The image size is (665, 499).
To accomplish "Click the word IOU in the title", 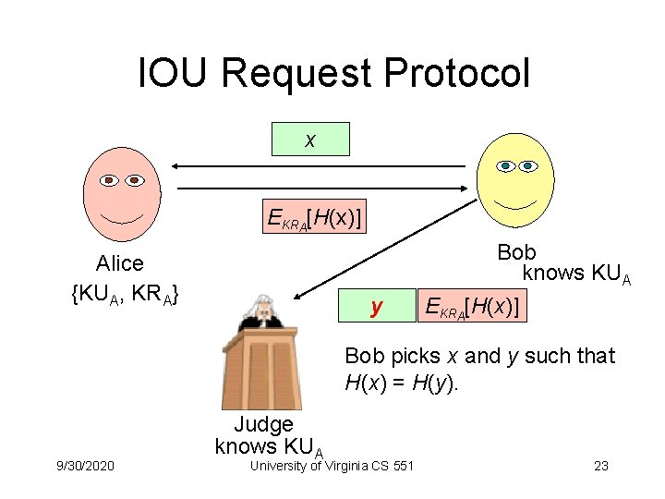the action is pos(169,74).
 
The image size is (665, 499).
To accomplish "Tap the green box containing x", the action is pos(310,140).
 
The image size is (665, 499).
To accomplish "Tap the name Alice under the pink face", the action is pos(120,264).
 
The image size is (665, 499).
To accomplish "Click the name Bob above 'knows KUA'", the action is pos(516,252).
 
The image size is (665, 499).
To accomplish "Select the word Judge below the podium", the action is pos(263,424).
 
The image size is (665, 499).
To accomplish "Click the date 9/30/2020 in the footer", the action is pos(85,466).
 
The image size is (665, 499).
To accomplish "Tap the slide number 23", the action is pos(601,466).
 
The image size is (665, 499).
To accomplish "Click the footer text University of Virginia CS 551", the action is pos(332,466).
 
